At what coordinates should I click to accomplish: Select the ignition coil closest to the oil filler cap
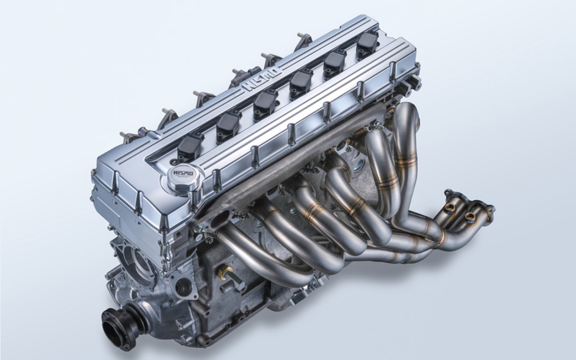[190, 146]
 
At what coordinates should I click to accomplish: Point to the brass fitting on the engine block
[224, 273]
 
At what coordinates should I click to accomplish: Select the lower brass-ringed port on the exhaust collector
[471, 217]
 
